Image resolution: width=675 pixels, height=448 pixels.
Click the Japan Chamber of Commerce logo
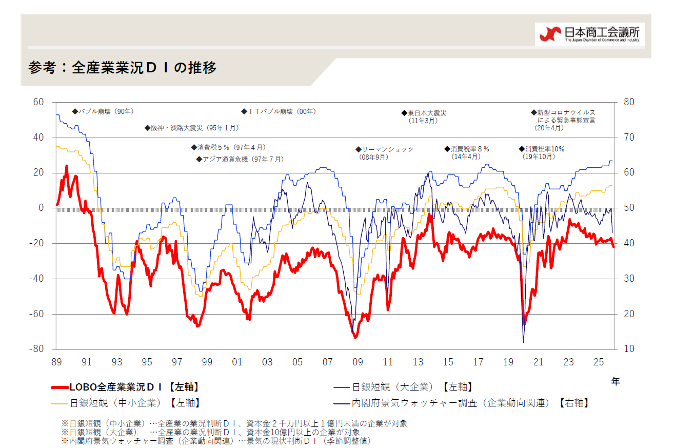590,34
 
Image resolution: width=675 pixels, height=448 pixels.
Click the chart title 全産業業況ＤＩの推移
123,68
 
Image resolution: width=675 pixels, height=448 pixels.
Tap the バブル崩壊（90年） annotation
103,111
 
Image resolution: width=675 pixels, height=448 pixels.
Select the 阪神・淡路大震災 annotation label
192,128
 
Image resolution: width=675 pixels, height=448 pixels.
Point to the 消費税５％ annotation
228,147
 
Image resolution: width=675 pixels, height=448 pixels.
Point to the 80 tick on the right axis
629,102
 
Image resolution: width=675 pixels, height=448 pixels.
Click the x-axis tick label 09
358,362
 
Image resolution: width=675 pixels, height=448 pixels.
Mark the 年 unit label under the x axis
615,381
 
